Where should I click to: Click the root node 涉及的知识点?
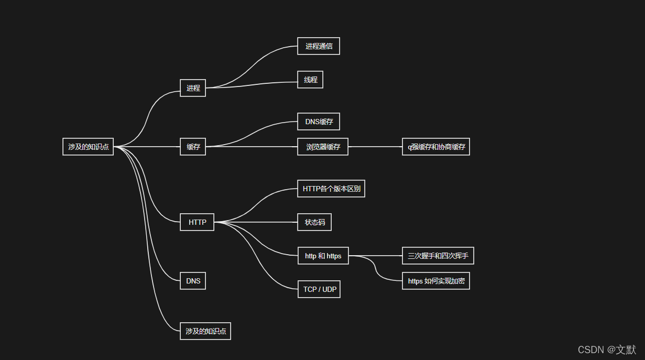[x=88, y=147]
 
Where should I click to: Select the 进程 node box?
[x=193, y=88]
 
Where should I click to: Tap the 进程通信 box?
[x=319, y=46]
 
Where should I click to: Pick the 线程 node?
[x=310, y=80]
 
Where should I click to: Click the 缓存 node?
[x=193, y=147]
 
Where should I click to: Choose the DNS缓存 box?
[x=319, y=122]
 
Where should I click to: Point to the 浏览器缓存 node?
[x=323, y=147]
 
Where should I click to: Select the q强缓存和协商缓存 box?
[x=436, y=147]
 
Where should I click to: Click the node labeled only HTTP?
[x=197, y=222]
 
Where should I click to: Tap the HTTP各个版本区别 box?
[x=331, y=189]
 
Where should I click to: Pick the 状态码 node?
[x=314, y=222]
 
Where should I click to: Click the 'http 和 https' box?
[x=323, y=256]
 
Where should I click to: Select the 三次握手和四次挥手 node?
[x=438, y=256]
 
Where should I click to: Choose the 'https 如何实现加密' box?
[x=436, y=281]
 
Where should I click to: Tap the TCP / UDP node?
[x=319, y=289]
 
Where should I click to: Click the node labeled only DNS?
[x=193, y=281]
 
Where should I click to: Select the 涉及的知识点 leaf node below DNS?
[x=205, y=331]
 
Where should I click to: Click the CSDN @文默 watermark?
[x=607, y=350]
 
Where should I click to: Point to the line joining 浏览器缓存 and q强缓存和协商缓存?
[x=375, y=147]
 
